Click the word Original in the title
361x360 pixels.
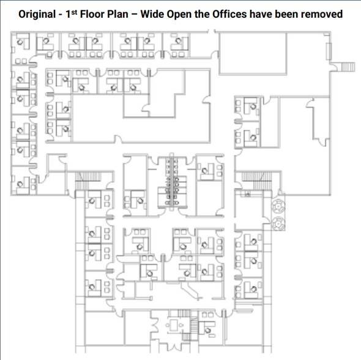click(37, 14)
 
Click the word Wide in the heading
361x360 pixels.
click(152, 14)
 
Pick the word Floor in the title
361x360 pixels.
click(92, 14)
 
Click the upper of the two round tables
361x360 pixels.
click(278, 206)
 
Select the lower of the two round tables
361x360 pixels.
click(278, 223)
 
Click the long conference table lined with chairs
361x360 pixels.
click(172, 181)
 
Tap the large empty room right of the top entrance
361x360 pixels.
click(253, 53)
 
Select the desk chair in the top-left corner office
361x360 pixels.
click(20, 42)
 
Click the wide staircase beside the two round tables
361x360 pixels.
click(256, 181)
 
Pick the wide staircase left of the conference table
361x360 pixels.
click(88, 181)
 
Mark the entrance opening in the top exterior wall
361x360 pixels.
click(212, 31)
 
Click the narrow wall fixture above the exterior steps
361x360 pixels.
click(329, 51)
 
